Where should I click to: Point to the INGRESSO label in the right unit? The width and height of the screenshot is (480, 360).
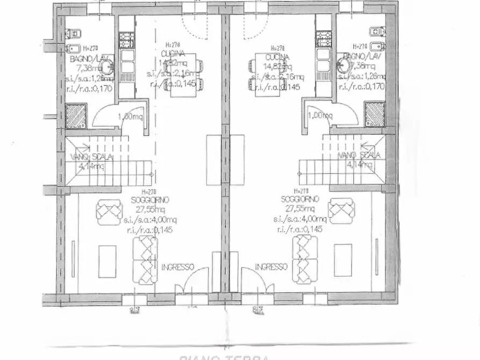(x=271, y=267)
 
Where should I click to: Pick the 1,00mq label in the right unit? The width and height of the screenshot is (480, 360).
(x=320, y=115)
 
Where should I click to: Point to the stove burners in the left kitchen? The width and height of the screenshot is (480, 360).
(x=127, y=38)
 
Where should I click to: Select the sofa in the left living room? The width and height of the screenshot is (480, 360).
(x=146, y=261)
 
